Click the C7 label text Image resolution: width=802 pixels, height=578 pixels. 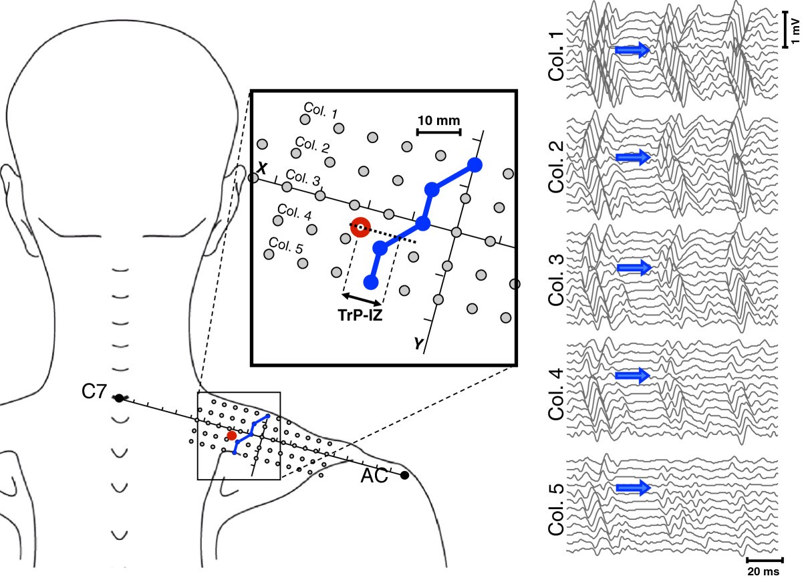coord(94,392)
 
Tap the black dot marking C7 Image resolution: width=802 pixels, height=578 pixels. coord(119,398)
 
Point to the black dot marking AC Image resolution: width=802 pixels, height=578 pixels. coord(404,475)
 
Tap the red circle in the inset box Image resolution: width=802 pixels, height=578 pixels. coord(360,228)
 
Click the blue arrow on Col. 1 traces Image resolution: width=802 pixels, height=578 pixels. coord(632,49)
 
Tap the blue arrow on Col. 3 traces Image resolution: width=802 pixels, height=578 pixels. coord(634,267)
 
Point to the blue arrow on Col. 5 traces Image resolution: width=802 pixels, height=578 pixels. coord(632,488)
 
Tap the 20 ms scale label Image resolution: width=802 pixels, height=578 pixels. coord(764,571)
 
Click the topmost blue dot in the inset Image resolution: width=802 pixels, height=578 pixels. coord(475,164)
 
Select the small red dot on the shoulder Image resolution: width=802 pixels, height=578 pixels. coord(231,436)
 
